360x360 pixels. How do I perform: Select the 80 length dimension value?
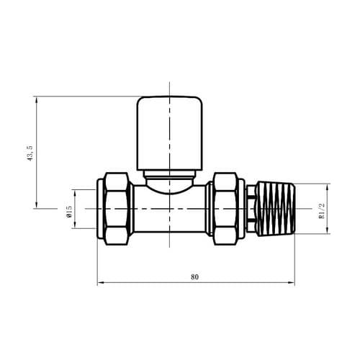click(x=195, y=276)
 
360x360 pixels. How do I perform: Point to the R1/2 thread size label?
click(x=323, y=209)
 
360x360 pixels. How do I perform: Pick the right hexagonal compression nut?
click(x=226, y=209)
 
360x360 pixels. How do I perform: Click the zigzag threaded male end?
click(x=276, y=209)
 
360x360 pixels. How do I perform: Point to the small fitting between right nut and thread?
click(x=250, y=209)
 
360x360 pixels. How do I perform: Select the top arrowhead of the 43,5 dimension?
click(x=35, y=99)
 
